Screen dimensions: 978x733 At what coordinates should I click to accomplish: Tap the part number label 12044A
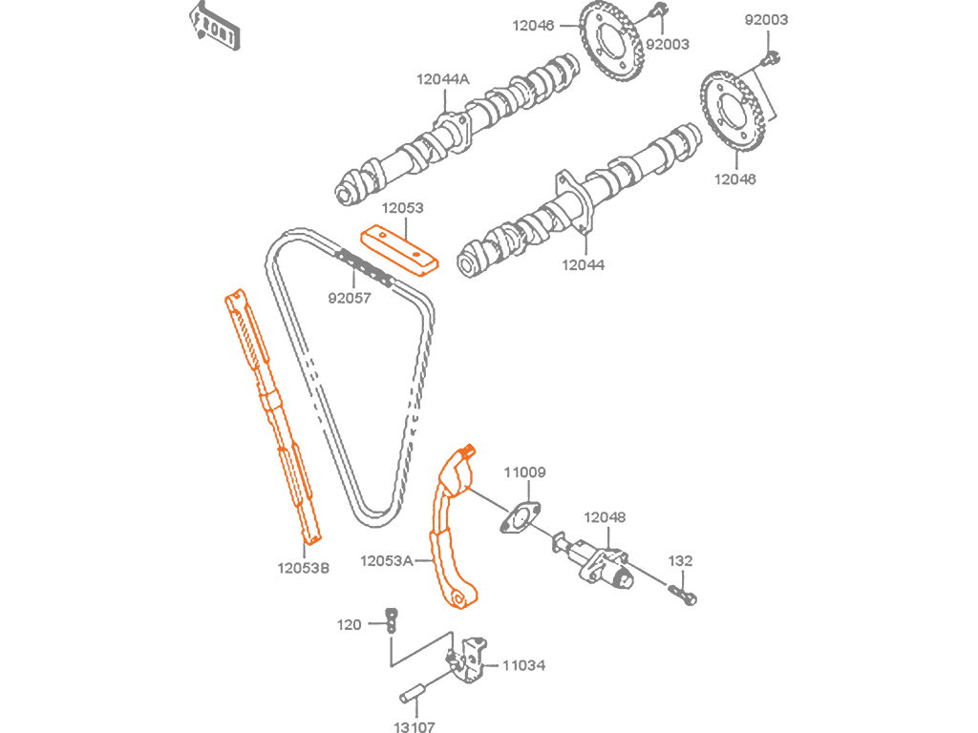443,79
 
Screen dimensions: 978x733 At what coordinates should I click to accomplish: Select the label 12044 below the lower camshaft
584,265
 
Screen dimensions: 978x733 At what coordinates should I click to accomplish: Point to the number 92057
350,298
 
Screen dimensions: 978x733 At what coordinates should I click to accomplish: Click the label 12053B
303,568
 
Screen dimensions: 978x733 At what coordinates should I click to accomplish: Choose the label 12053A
386,561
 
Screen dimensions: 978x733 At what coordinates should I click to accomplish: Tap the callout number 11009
524,472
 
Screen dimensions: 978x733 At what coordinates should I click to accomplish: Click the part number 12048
605,517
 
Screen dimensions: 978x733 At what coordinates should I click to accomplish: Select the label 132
680,561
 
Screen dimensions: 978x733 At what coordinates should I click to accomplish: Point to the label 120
349,624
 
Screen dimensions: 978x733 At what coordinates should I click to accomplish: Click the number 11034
524,665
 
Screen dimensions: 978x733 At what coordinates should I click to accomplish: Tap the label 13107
415,726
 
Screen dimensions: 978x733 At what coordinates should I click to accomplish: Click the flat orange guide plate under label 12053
399,249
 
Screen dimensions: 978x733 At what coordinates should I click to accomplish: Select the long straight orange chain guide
272,416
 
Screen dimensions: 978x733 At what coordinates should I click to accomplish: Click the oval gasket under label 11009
521,518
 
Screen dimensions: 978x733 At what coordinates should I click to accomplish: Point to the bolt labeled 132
683,594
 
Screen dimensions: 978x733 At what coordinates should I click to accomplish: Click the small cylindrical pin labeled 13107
413,693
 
